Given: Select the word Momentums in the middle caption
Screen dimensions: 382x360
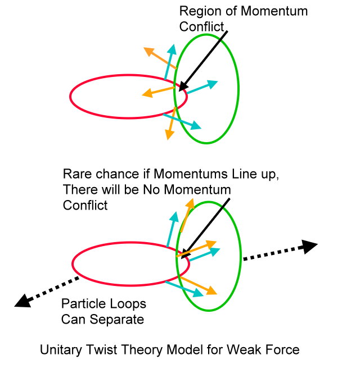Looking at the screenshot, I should (x=184, y=174).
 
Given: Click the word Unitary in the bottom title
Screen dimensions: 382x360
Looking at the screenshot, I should (x=60, y=350).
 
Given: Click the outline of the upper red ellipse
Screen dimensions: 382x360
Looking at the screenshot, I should (x=71, y=97).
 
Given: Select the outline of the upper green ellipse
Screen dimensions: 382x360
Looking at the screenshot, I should (x=238, y=89).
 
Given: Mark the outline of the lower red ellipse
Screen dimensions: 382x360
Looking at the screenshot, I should (x=73, y=264).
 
